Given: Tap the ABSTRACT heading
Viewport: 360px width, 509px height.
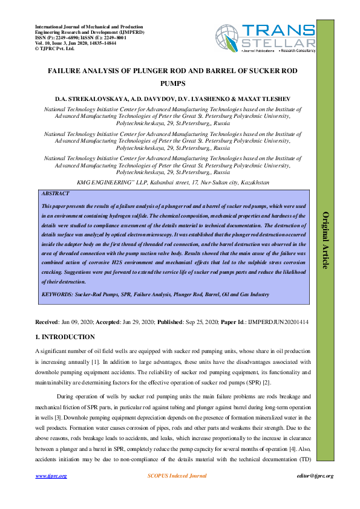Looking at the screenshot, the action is click(56, 193).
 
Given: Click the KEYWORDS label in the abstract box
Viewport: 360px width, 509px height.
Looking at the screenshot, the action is click(57, 294).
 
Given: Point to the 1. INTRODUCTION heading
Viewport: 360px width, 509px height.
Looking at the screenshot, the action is click(65, 337).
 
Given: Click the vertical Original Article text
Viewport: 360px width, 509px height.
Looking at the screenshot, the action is click(324, 241).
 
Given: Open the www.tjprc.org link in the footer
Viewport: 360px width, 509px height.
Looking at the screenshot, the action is click(51, 476).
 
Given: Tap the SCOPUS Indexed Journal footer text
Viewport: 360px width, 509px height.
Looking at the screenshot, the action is click(177, 476).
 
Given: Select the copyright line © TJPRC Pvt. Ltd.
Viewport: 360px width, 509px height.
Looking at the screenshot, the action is click(54, 48).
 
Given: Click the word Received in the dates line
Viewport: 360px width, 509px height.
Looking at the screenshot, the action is click(47, 322).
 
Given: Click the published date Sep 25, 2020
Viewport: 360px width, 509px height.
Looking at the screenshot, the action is click(205, 322).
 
